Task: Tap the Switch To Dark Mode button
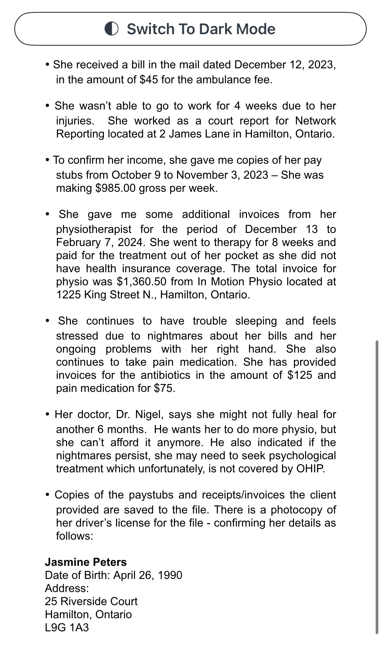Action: (x=190, y=29)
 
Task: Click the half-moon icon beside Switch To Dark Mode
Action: (x=112, y=29)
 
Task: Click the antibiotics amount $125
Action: (x=300, y=375)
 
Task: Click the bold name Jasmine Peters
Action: (x=86, y=562)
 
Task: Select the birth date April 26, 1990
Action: (x=148, y=575)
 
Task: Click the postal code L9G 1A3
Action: (x=67, y=628)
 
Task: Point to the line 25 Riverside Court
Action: (x=91, y=601)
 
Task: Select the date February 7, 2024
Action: (x=99, y=242)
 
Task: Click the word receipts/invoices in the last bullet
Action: (x=244, y=495)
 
